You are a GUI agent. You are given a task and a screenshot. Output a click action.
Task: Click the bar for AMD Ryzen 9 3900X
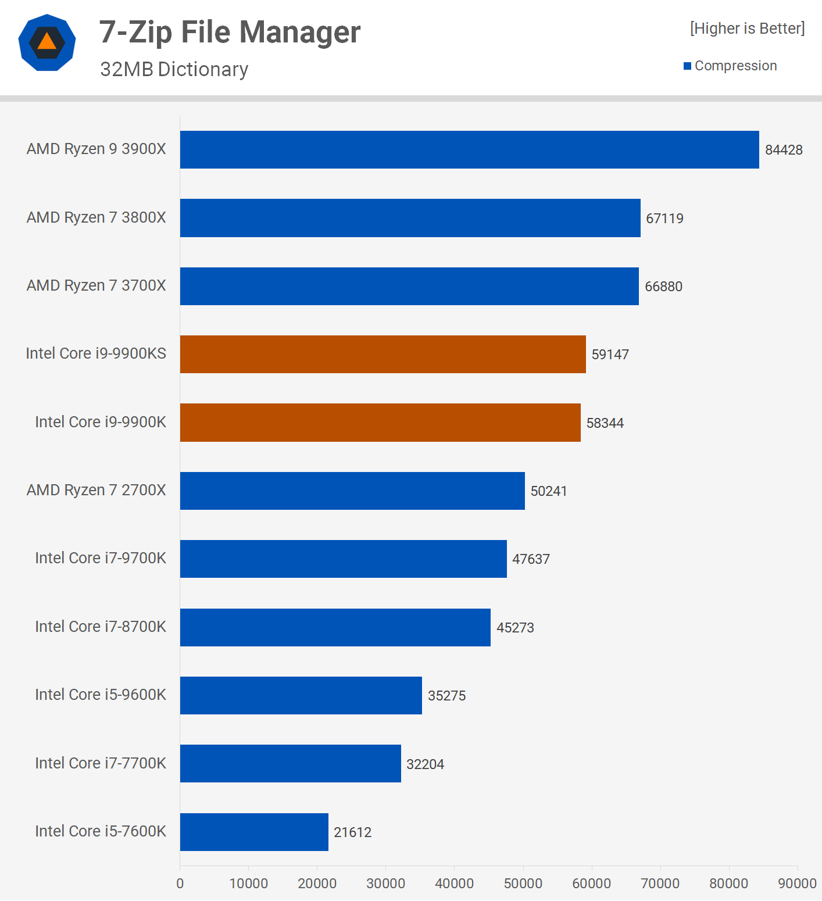coord(469,150)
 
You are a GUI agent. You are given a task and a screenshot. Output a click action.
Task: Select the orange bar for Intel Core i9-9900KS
coord(383,355)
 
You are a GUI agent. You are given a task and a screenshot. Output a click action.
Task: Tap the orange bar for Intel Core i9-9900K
coord(380,423)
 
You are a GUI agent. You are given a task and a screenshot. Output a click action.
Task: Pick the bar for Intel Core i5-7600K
coord(254,832)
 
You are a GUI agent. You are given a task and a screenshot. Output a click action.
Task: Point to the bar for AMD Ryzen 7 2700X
coord(352,491)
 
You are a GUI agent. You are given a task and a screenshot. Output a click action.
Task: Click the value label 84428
coord(784,150)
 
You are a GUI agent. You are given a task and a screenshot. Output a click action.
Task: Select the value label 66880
coord(663,287)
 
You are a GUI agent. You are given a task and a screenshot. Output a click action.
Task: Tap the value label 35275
coord(446,696)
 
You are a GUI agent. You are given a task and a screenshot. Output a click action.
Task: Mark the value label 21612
coord(352,832)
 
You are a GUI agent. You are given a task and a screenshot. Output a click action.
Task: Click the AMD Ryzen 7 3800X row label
coord(97,217)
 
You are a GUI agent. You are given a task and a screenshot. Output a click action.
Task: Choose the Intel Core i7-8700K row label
coord(101,627)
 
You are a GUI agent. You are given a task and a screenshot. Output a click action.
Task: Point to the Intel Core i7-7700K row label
coord(101,763)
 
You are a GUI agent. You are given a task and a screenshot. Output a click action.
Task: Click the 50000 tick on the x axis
coord(523,884)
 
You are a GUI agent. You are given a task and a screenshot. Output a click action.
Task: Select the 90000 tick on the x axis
coord(797,884)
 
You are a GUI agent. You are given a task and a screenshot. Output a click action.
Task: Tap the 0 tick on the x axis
coord(180,884)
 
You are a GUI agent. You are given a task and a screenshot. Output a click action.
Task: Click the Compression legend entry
coord(730,66)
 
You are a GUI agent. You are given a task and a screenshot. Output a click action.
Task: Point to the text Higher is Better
coord(747,28)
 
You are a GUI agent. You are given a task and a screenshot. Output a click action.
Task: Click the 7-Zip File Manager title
coord(230,32)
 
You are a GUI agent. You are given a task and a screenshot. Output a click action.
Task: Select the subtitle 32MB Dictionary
coord(174,69)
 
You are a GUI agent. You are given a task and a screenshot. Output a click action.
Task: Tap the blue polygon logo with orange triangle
coord(47,42)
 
